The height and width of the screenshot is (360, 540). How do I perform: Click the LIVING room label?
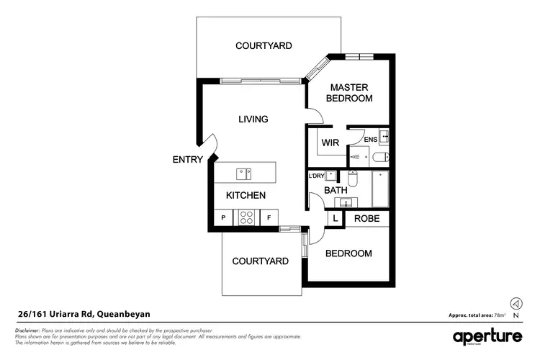[x=253, y=119]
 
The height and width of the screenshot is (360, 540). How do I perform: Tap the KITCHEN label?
[x=246, y=195]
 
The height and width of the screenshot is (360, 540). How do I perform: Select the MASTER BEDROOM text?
[x=349, y=92]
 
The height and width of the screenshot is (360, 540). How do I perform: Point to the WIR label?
[x=330, y=143]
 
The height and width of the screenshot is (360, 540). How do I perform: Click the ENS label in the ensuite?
[x=371, y=139]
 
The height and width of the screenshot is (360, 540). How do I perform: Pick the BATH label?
[x=336, y=190]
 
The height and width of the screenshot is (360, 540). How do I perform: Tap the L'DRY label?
[x=316, y=176]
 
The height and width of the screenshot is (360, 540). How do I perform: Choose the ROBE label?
[x=367, y=218]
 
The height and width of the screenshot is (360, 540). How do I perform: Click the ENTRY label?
[x=187, y=159]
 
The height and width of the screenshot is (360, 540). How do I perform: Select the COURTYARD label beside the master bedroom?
[x=264, y=45]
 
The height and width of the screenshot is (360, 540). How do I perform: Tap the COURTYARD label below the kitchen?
[x=260, y=261]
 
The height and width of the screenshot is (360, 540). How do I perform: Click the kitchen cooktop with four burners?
[x=246, y=217]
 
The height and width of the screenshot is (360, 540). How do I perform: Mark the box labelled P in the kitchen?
[x=223, y=217]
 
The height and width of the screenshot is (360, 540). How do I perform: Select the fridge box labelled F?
[x=269, y=217]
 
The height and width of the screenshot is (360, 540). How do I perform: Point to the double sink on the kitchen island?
[x=243, y=173]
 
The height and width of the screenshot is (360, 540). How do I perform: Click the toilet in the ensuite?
[x=379, y=157]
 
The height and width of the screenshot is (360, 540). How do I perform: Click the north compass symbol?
[x=515, y=304]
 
